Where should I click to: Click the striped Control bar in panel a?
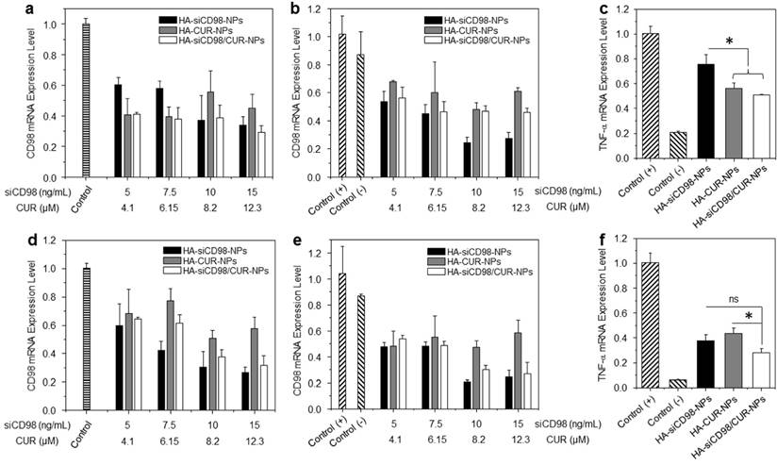86,91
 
